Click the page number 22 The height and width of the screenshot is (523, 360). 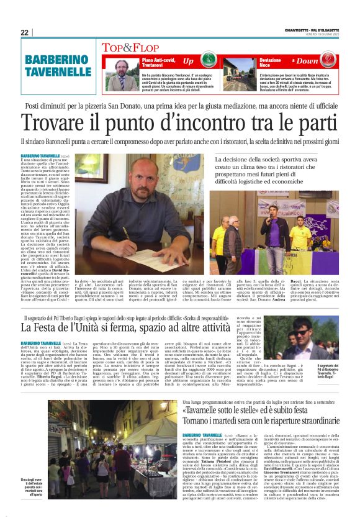click(24, 32)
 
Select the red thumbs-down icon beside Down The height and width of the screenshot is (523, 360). click(292, 61)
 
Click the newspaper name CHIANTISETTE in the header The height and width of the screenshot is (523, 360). click(299, 28)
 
